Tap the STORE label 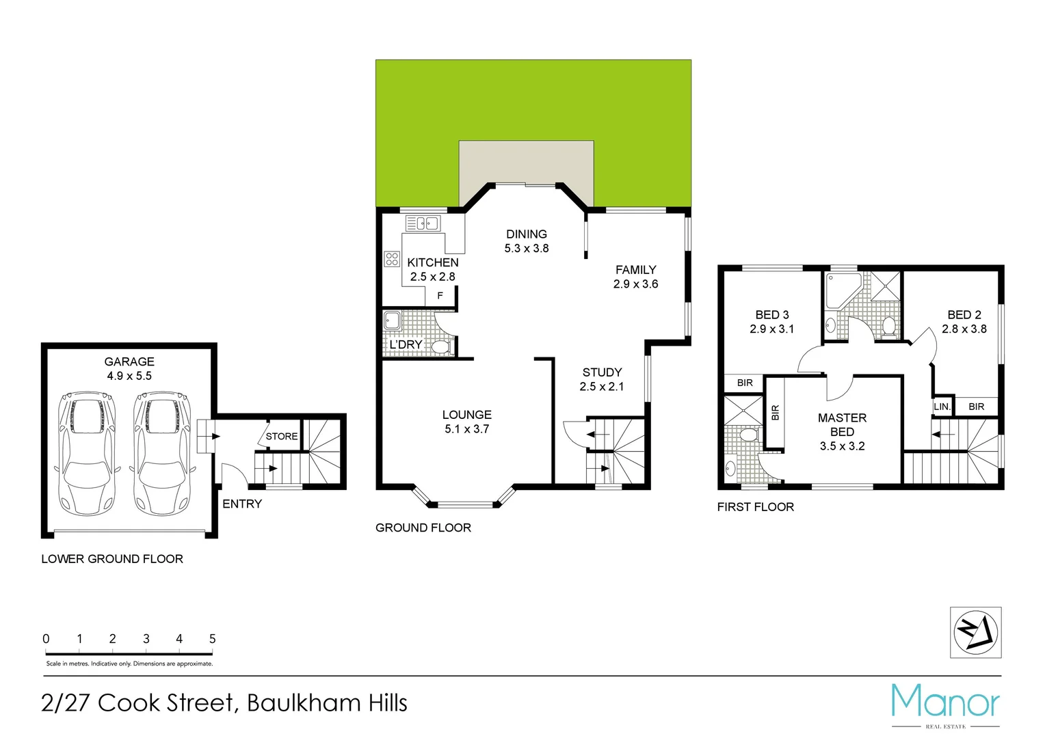(x=282, y=437)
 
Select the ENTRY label (x=242, y=504)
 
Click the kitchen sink (x=423, y=223)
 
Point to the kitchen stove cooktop (x=392, y=259)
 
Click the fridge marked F (x=440, y=296)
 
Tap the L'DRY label (x=406, y=345)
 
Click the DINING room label (x=527, y=234)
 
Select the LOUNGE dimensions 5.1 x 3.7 (x=467, y=429)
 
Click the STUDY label (x=602, y=372)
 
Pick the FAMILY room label (x=635, y=270)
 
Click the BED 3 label (x=772, y=315)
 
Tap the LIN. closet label (x=942, y=407)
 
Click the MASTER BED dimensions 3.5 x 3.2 (x=842, y=446)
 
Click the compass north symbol (x=976, y=632)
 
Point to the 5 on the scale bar (x=213, y=639)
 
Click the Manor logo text (x=945, y=702)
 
